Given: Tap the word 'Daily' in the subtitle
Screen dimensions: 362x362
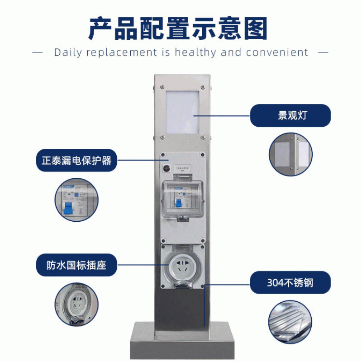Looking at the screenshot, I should pos(67,52).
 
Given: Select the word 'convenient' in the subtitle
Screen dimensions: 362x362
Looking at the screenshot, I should pos(277,52).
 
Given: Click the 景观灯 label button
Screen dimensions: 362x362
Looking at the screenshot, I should pos(291,115).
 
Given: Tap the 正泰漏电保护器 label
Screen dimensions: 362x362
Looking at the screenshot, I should pos(76,160).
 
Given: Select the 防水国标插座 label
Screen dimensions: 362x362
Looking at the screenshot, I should pos(76,265).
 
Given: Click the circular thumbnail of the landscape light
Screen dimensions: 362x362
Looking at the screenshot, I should pos(291,154).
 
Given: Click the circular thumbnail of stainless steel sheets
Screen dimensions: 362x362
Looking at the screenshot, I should pos(291,322).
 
